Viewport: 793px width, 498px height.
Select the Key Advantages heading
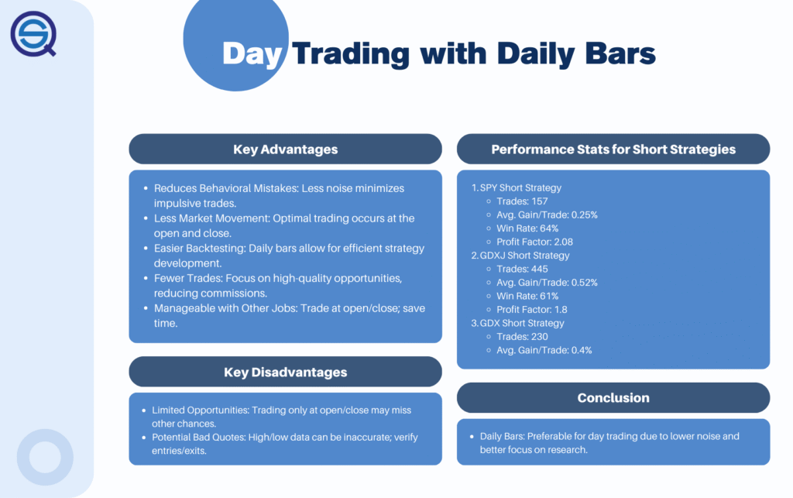pyautogui.click(x=285, y=149)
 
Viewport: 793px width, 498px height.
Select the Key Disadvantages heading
pyautogui.click(x=285, y=372)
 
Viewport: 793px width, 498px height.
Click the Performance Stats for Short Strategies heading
pyautogui.click(x=613, y=149)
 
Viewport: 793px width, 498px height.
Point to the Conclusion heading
pyautogui.click(x=613, y=398)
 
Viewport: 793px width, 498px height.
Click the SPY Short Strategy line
pyautogui.click(x=520, y=187)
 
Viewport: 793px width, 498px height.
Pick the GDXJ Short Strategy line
pyautogui.click(x=524, y=256)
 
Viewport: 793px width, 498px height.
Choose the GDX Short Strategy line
pyautogui.click(x=522, y=323)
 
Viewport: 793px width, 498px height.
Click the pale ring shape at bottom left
pyautogui.click(x=45, y=457)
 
